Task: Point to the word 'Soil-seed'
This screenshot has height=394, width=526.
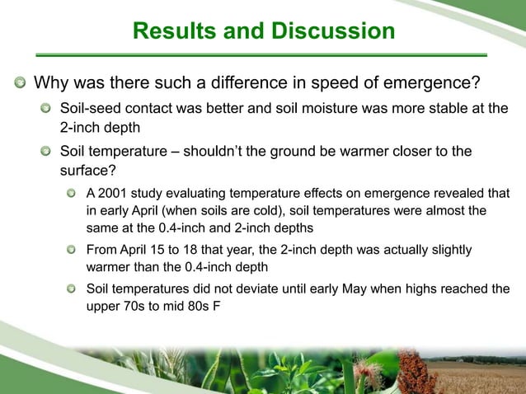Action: [x=88, y=110]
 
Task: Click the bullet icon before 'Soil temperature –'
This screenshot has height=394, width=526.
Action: [x=46, y=152]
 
